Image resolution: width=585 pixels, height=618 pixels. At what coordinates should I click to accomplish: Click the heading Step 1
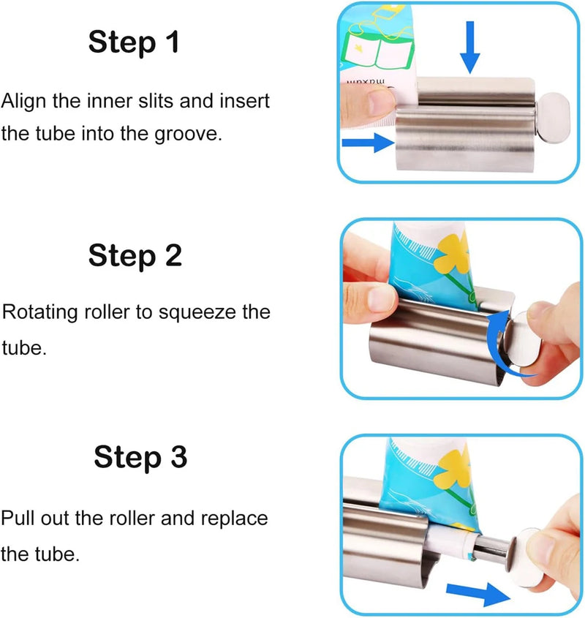pos(134,42)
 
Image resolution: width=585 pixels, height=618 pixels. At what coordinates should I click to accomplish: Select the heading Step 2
pos(135,255)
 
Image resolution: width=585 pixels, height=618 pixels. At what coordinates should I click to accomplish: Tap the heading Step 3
pos(140,457)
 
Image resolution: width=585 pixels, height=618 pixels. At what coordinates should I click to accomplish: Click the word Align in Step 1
pos(23,101)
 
